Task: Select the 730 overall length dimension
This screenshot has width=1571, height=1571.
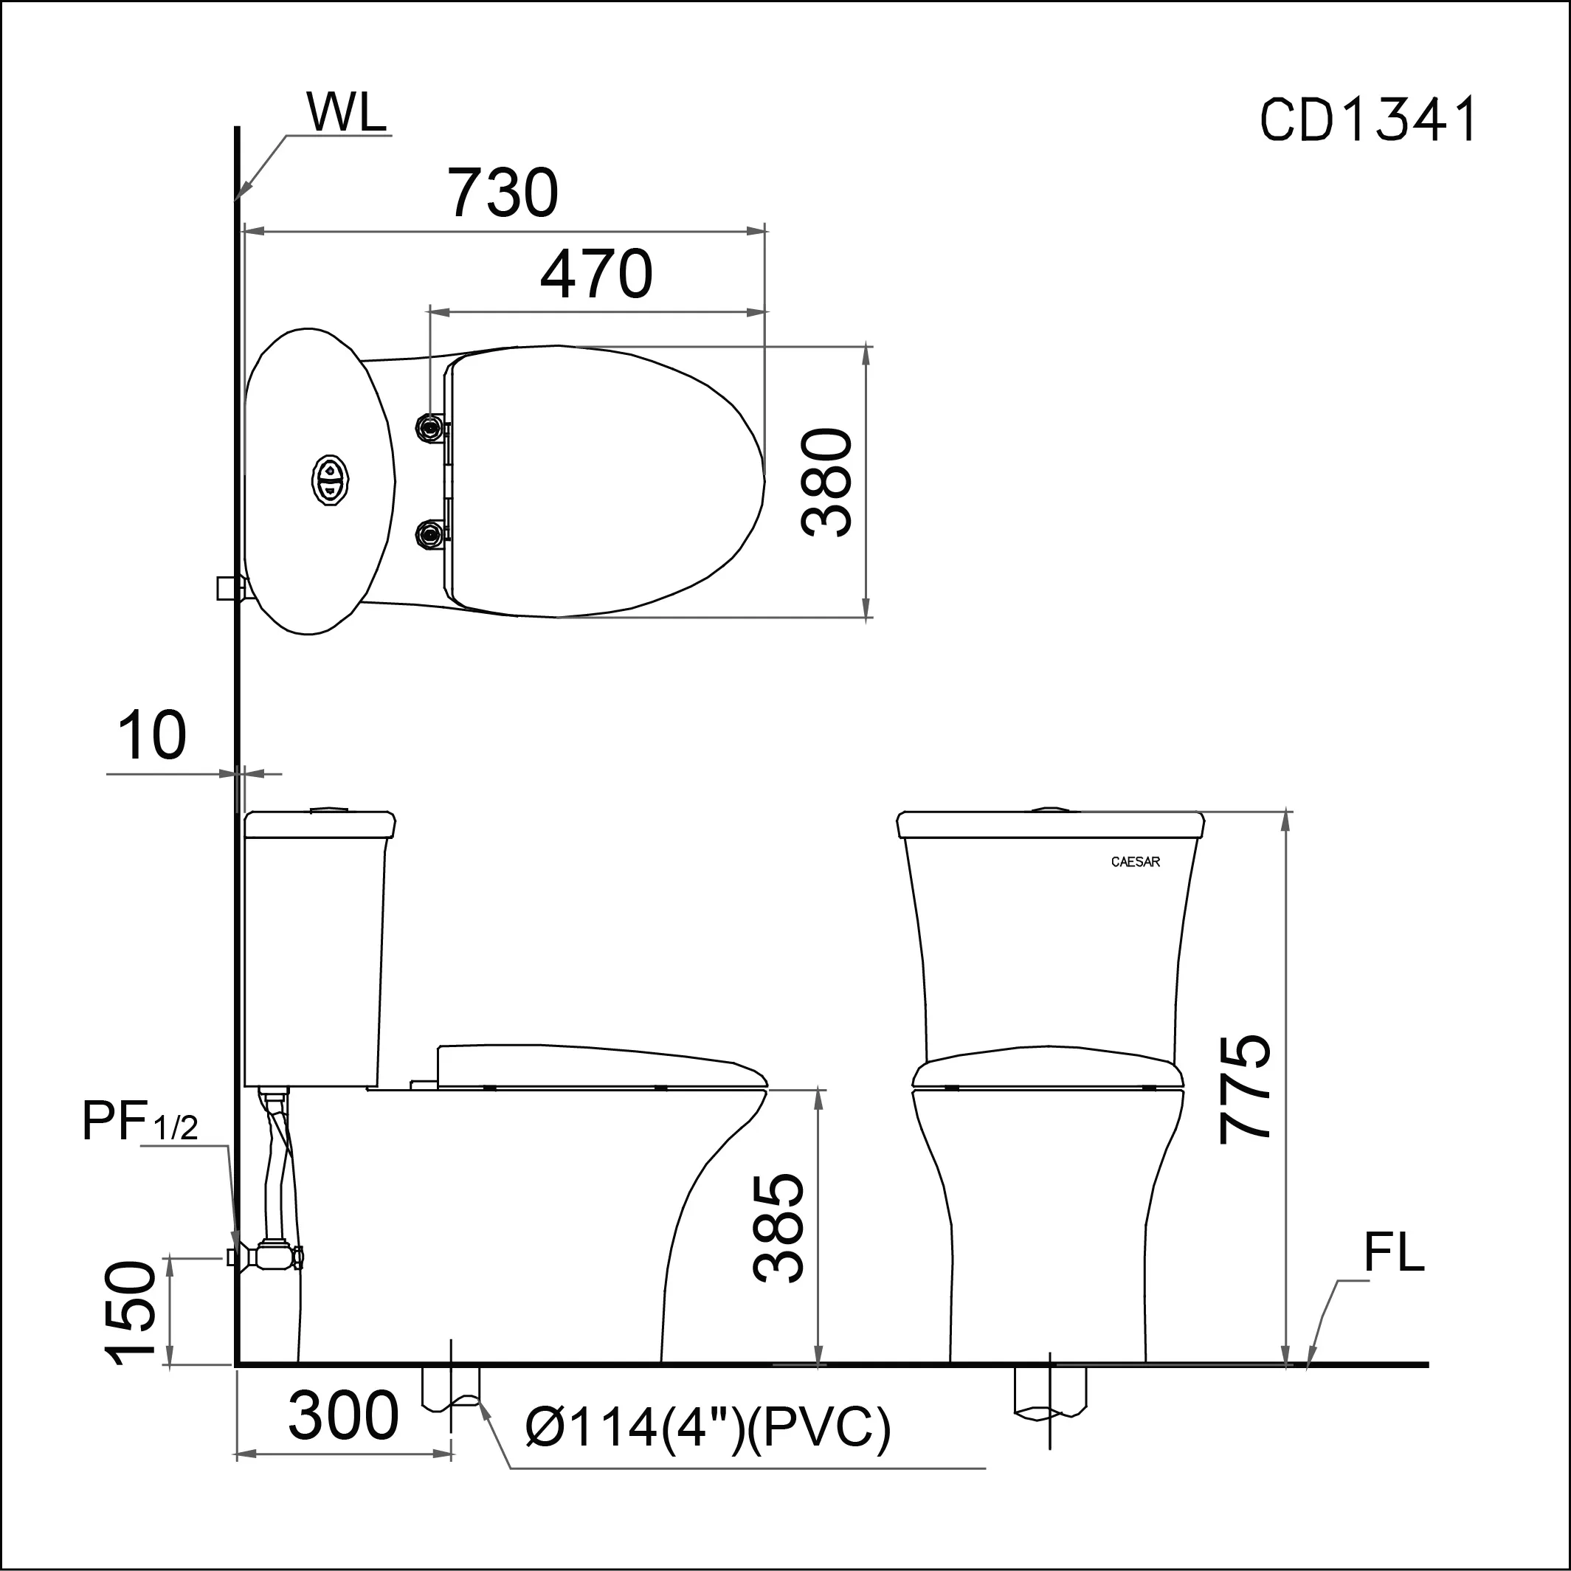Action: point(504,192)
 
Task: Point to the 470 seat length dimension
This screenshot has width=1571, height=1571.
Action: point(596,273)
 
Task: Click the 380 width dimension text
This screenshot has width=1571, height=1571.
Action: point(827,481)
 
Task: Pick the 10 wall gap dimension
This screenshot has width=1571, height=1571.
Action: point(152,735)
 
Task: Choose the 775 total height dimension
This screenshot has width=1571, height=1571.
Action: point(1244,1089)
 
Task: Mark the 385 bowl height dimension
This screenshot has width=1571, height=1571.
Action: point(778,1228)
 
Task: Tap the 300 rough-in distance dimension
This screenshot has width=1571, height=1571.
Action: point(343,1416)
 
